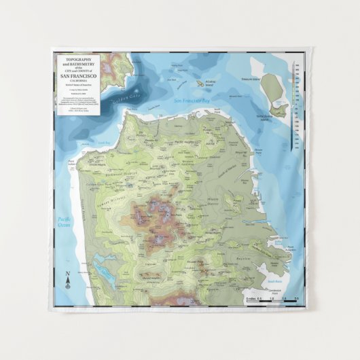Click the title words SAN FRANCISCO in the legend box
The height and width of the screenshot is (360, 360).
77,76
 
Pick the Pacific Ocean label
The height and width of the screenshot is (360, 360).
65,221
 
